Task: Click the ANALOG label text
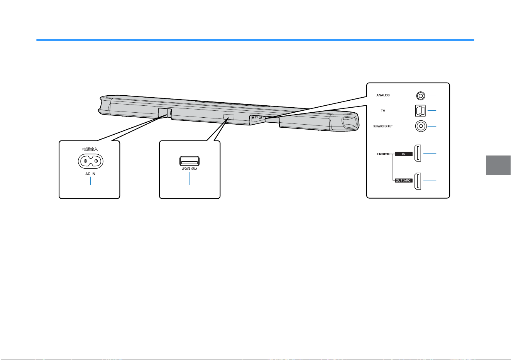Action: [x=383, y=95]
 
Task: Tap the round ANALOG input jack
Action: [x=420, y=96]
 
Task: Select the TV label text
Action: [x=383, y=111]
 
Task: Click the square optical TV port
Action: [x=420, y=111]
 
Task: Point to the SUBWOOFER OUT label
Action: [x=383, y=127]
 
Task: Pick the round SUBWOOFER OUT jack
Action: [x=421, y=126]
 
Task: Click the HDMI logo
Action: [x=383, y=154]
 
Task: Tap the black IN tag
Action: [x=404, y=154]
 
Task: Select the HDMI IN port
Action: [x=418, y=153]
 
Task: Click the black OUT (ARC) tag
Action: [x=404, y=181]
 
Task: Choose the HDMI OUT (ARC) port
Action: [x=418, y=181]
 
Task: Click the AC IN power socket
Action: [x=91, y=161]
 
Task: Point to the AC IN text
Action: [x=90, y=174]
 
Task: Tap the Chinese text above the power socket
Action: [x=90, y=149]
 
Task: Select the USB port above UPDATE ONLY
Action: [x=190, y=161]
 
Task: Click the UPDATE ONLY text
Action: [x=190, y=169]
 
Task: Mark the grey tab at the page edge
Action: [x=498, y=166]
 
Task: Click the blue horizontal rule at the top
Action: [x=255, y=40]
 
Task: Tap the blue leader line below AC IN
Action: [x=91, y=181]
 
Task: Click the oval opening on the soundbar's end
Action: [x=349, y=122]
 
